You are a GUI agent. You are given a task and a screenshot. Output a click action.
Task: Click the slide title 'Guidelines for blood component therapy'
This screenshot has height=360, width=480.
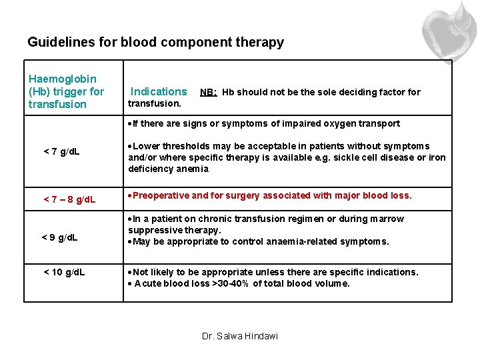pos(155,43)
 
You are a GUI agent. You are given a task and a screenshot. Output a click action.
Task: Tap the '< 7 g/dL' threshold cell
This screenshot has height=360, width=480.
pos(61,151)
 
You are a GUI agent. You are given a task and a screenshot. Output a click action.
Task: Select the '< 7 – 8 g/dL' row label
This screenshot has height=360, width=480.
pos(69,199)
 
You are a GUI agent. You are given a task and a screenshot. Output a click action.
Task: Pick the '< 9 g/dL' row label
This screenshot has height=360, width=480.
pos(60,237)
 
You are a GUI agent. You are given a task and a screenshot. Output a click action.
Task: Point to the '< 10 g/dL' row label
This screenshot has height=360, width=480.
pos(64,272)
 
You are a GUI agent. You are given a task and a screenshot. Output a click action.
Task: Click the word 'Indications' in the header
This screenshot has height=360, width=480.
pos(159,92)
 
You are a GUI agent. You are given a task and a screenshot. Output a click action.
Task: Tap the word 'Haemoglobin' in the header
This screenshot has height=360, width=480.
pos(62,79)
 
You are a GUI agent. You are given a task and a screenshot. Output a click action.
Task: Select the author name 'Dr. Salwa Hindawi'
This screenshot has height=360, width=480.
pos(240,336)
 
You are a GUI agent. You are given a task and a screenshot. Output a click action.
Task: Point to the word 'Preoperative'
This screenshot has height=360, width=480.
pos(161,196)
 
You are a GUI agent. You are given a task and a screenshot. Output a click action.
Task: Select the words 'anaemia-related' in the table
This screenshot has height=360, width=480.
pos(306,241)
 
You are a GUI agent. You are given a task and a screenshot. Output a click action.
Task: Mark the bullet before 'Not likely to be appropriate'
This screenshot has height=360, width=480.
pos(130,272)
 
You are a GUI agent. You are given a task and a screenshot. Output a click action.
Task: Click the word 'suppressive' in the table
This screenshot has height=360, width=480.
pos(155,230)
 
